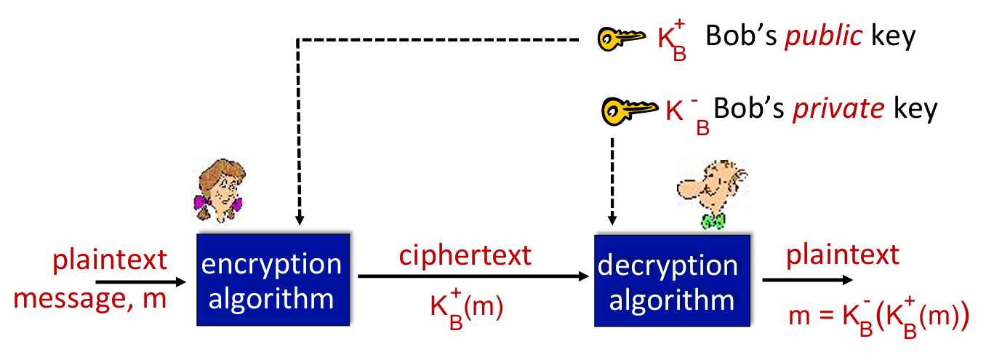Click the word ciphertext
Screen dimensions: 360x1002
click(x=465, y=255)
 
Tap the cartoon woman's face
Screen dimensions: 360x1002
click(x=220, y=185)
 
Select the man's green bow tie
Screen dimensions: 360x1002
click(x=712, y=220)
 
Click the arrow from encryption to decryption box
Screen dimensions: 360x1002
click(x=473, y=277)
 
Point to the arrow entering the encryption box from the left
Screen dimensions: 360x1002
click(x=141, y=281)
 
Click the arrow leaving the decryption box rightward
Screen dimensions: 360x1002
click(x=807, y=280)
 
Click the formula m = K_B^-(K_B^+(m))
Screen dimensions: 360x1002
click(x=879, y=317)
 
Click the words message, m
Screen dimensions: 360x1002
click(x=90, y=297)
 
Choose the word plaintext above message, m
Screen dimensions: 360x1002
click(x=110, y=258)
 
